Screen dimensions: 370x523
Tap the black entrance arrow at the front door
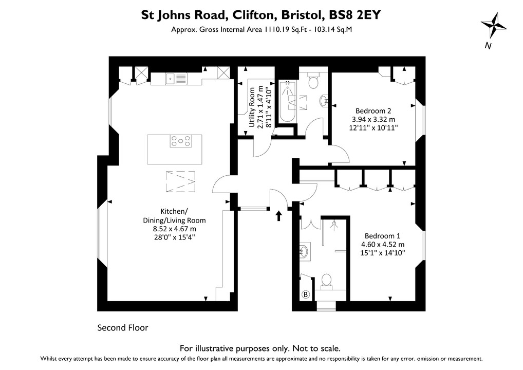279,215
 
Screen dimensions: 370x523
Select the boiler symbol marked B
306,294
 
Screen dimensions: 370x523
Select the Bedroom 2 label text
373,110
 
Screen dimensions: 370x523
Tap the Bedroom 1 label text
382,236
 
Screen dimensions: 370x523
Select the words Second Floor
123,327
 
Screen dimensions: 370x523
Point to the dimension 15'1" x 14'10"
383,253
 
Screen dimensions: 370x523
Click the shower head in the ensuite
334,224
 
